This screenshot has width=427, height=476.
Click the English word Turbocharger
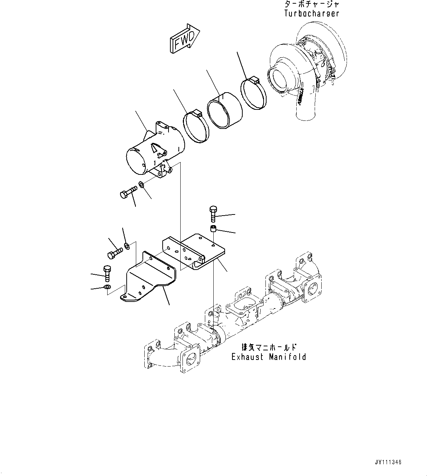(311, 14)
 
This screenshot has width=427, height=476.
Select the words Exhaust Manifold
(268, 357)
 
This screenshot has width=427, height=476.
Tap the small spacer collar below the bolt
(213, 230)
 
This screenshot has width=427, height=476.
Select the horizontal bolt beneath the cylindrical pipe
(128, 192)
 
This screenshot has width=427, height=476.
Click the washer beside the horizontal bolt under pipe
(141, 184)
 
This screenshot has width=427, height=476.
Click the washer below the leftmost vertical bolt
(107, 287)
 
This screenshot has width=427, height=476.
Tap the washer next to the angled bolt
(127, 245)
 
